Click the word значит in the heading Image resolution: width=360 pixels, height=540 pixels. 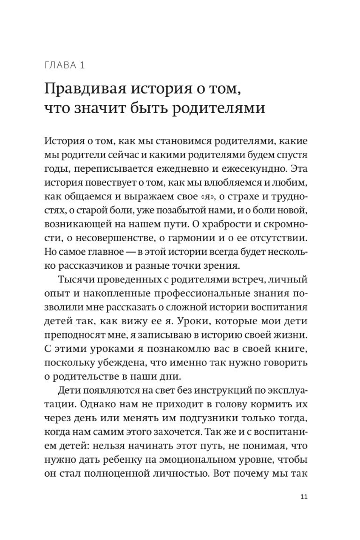pos(107,108)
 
